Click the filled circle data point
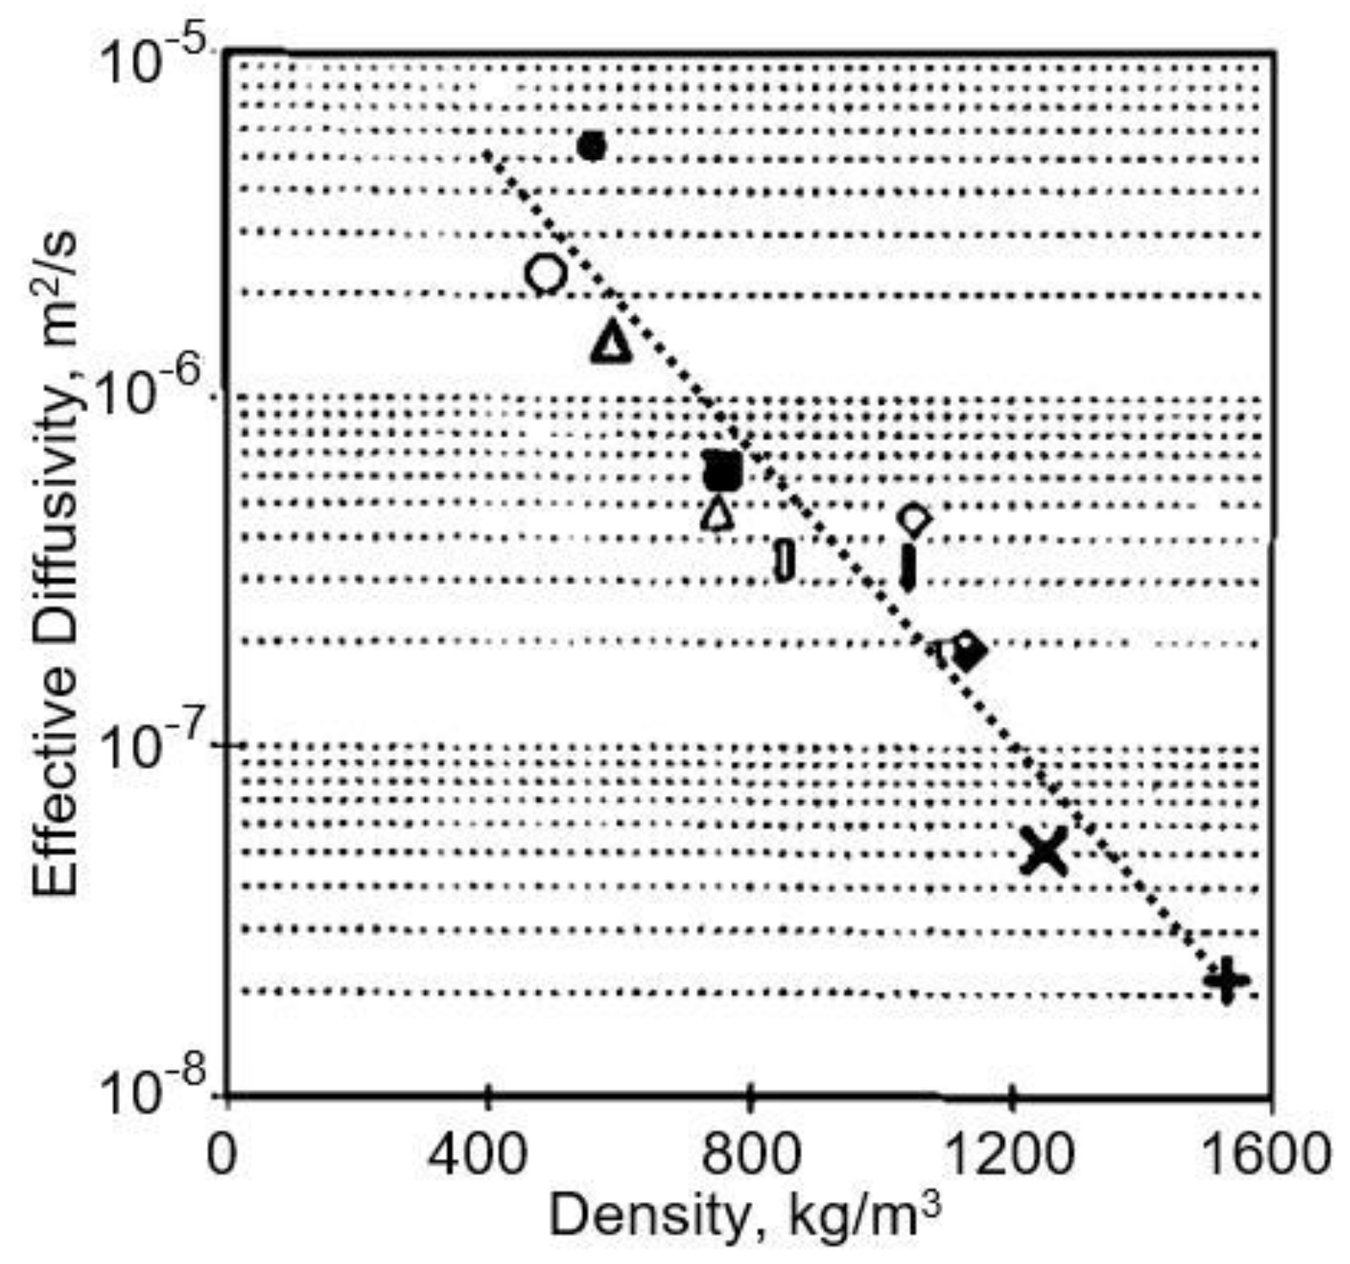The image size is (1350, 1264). (591, 147)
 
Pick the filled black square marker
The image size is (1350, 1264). (723, 471)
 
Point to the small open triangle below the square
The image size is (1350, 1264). (718, 514)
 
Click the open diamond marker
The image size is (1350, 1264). (914, 519)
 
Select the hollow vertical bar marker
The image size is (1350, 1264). (784, 560)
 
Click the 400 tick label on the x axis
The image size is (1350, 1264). (487, 1154)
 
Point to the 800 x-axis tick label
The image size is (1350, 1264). (749, 1154)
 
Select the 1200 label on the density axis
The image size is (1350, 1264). (1011, 1154)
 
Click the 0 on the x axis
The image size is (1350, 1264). (221, 1154)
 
